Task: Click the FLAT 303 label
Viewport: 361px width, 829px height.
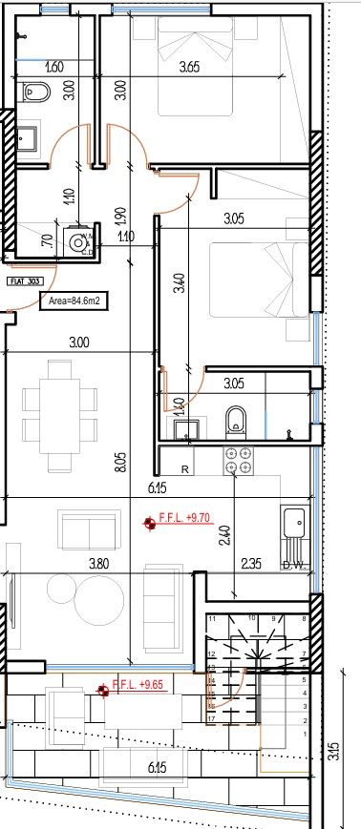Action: [x=22, y=281]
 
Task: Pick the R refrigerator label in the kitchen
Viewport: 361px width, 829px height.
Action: [x=185, y=468]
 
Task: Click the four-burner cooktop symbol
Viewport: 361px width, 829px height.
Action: [x=237, y=461]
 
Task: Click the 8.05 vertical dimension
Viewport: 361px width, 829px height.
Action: [x=118, y=465]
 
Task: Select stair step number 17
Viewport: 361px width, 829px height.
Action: [x=210, y=717]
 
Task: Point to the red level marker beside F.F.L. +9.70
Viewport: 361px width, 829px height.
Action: [x=149, y=523]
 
